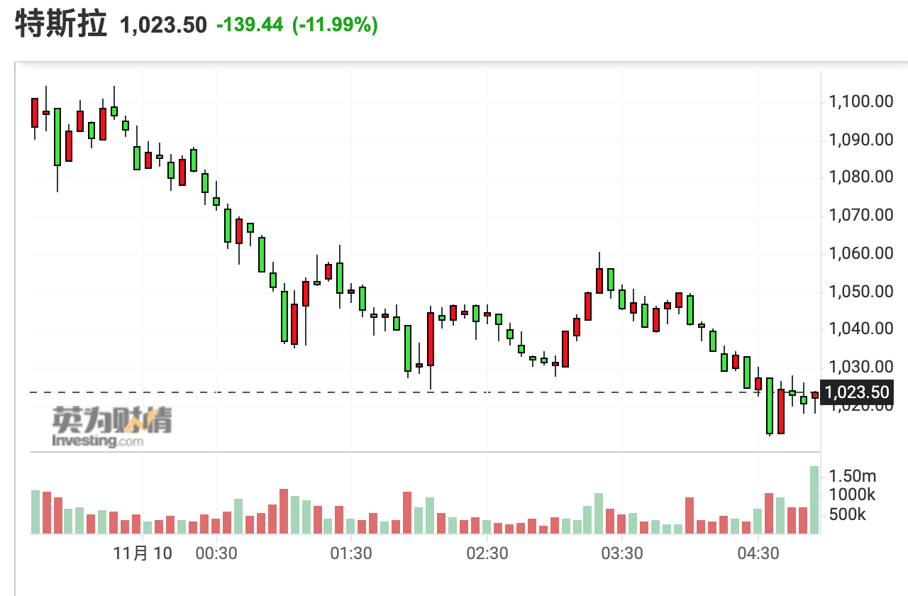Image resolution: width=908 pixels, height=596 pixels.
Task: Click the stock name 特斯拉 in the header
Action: coord(61,24)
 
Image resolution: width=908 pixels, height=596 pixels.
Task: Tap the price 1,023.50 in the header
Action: coord(164,26)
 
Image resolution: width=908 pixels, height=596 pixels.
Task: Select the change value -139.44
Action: coord(250,26)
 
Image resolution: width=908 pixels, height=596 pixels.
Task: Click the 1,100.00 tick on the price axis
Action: coord(860,101)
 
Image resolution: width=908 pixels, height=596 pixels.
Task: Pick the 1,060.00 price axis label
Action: coord(860,253)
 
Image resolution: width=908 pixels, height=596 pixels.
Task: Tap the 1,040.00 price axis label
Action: coord(860,329)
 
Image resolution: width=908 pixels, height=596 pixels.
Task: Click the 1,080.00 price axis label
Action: coord(860,177)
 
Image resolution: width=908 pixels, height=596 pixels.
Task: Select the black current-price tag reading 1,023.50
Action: coord(856,392)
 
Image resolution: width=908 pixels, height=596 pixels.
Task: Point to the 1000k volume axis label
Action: coord(852,495)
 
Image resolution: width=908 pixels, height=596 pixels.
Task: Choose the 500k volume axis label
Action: coord(848,514)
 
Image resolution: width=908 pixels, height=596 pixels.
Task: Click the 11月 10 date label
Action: coord(143,553)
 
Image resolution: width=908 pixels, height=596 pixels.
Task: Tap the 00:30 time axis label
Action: coord(216,553)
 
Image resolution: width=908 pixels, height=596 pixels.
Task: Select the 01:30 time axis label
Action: coord(351,553)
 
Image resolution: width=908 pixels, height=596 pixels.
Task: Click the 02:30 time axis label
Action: coord(487,553)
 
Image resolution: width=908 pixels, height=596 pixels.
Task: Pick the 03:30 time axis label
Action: coord(622,553)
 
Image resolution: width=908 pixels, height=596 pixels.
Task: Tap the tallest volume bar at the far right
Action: coord(814,500)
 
